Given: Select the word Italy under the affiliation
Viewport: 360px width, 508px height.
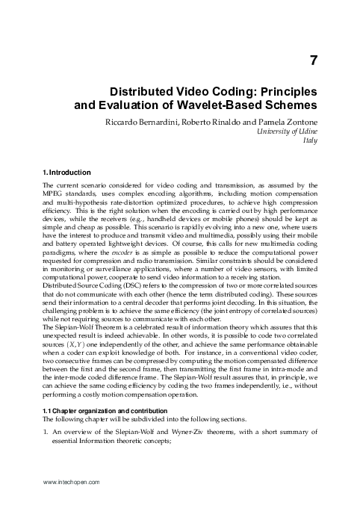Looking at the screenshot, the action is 311,140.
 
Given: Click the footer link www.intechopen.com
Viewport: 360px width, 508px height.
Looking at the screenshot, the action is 72,483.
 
